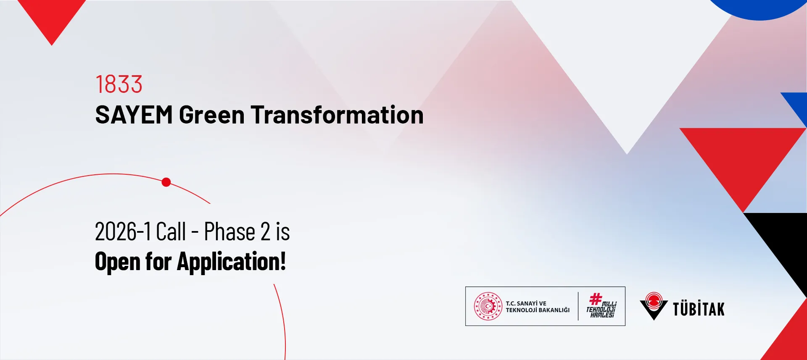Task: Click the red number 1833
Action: click(119, 84)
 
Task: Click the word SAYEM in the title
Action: click(134, 115)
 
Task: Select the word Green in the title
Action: click(212, 115)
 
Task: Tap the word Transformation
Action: click(337, 115)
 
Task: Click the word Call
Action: click(171, 231)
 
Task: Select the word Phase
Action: click(229, 231)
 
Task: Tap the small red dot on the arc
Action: click(166, 182)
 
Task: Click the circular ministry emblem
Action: click(488, 306)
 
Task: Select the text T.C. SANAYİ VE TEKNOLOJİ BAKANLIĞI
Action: click(538, 307)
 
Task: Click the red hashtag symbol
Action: click(596, 299)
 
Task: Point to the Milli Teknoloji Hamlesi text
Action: click(601, 310)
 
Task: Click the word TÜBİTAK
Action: click(699, 309)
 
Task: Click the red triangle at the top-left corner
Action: click(52, 17)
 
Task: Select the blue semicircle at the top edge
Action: click(760, 8)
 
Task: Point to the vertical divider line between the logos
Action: click(578, 306)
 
